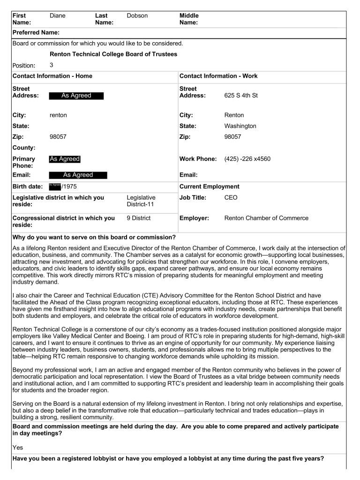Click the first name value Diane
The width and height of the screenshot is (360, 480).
click(x=58, y=16)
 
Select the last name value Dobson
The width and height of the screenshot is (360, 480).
click(x=137, y=16)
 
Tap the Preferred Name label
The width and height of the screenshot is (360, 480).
click(x=36, y=33)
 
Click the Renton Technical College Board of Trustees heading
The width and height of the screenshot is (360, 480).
click(x=113, y=54)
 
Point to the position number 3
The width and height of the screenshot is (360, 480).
click(x=52, y=65)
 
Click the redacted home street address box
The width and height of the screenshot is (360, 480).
click(x=76, y=96)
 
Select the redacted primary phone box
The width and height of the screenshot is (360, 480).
click(x=65, y=159)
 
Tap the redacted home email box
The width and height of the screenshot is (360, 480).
click(x=78, y=175)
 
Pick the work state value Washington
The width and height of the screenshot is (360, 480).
click(x=240, y=126)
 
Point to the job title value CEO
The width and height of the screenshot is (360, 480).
click(x=231, y=198)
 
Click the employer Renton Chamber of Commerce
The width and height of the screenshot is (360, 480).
click(x=266, y=218)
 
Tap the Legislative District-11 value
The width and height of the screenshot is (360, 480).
click(x=141, y=201)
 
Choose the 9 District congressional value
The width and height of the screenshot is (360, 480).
click(x=139, y=218)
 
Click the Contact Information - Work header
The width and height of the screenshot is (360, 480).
click(x=218, y=76)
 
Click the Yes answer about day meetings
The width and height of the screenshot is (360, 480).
click(x=17, y=448)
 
